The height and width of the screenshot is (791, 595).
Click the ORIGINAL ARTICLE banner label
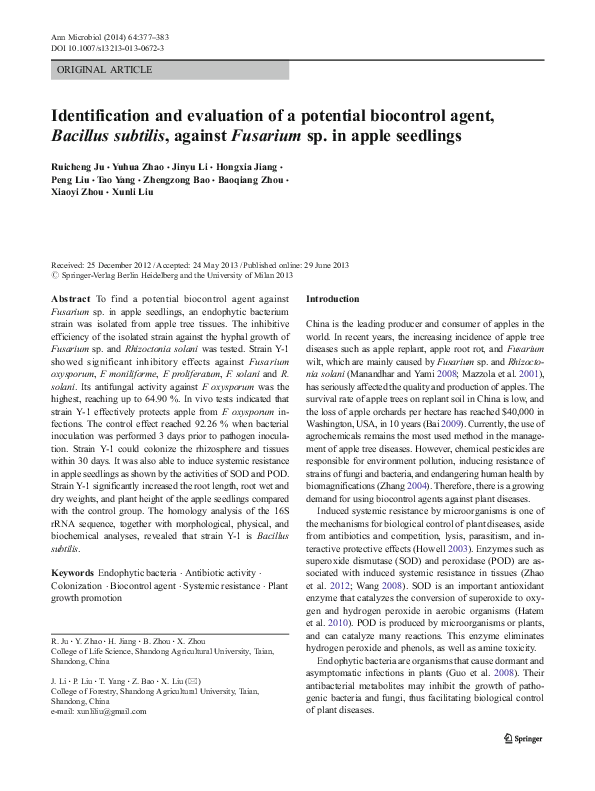pos(105,70)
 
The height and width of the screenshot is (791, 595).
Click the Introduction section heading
pos(332,300)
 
